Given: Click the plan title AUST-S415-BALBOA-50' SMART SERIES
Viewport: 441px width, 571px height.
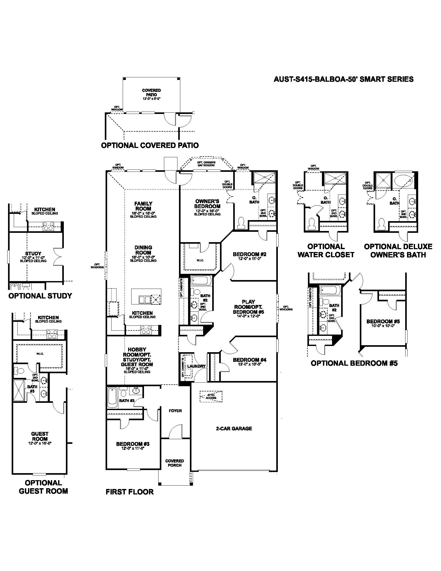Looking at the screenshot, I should (x=343, y=79).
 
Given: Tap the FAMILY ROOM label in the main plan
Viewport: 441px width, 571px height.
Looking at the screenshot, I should (x=143, y=206).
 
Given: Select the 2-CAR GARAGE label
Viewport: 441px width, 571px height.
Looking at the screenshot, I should (x=234, y=428).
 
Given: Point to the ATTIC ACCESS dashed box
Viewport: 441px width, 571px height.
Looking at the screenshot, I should (x=211, y=396).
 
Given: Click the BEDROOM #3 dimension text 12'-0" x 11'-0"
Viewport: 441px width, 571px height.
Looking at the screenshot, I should (x=133, y=448).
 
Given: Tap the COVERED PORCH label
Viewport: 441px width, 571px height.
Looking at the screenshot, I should (x=175, y=463).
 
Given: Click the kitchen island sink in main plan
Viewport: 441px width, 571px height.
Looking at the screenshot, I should (x=144, y=299).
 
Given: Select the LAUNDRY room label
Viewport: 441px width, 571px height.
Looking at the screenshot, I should (x=196, y=366).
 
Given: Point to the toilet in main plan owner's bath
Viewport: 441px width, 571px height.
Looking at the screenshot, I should (x=241, y=223).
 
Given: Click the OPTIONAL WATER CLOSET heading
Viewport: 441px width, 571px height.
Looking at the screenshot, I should (x=326, y=250).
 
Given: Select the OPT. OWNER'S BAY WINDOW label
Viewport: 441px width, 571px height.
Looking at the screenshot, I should (x=206, y=164).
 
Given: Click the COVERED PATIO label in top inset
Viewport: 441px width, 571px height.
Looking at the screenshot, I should (x=151, y=93).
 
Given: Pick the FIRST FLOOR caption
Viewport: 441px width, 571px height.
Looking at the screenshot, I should (x=130, y=492).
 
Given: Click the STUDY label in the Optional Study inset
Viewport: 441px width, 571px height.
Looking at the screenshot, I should (x=33, y=253).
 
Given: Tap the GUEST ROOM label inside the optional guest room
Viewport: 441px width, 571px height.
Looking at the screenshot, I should (x=40, y=436).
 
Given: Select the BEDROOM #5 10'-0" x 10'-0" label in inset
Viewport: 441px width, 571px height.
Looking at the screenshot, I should (x=383, y=323).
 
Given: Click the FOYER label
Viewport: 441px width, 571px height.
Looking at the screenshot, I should (x=175, y=411).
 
